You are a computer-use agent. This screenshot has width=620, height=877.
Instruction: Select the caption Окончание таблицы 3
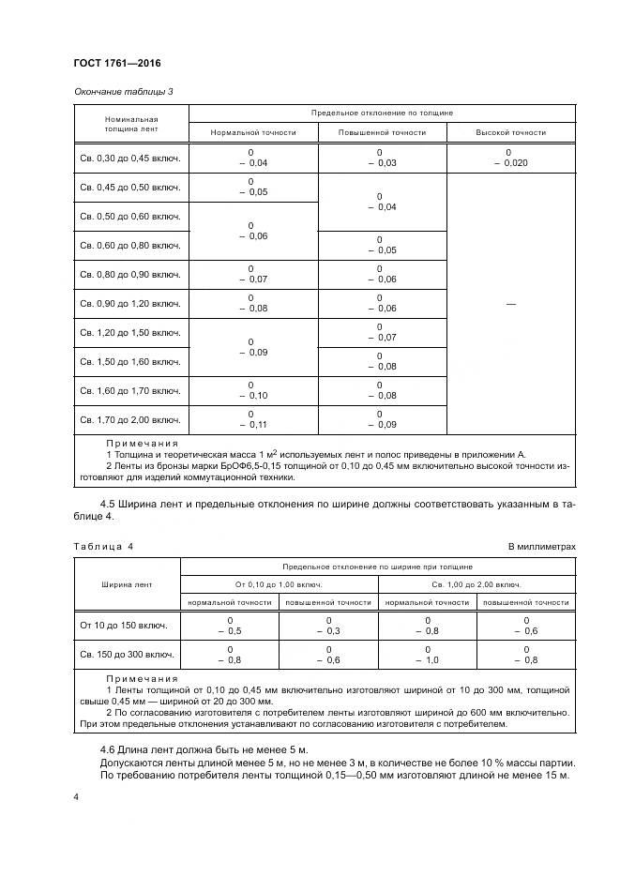tap(123, 91)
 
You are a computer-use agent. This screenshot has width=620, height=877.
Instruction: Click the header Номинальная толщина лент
tap(130, 126)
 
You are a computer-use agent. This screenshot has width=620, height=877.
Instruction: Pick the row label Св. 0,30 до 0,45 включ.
tap(130, 158)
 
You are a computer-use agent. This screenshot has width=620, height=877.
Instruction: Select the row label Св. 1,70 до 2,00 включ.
tap(130, 418)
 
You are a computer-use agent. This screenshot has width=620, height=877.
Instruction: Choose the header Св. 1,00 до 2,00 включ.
tap(477, 584)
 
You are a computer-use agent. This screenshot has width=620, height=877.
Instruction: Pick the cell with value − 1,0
tap(427, 660)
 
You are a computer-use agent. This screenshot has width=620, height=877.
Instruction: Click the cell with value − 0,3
tap(328, 632)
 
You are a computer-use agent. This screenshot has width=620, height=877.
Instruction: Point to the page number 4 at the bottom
tap(76, 796)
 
